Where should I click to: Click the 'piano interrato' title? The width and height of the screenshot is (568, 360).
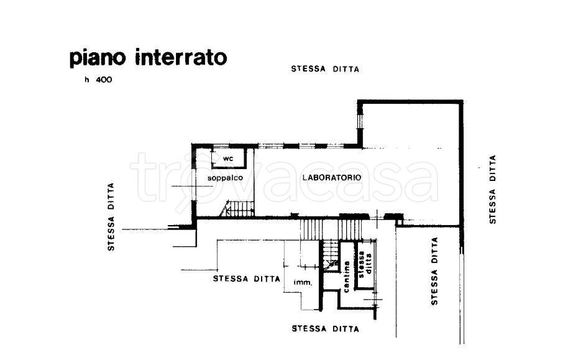coord(148,58)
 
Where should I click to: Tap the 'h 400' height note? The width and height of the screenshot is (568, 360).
coord(99,80)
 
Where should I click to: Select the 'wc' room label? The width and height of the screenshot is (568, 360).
coord(228,159)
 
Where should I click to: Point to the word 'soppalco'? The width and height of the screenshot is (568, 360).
coord(225,178)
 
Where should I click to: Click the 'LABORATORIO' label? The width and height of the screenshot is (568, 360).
coord(332,177)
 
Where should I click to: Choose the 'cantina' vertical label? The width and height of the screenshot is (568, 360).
coord(347,277)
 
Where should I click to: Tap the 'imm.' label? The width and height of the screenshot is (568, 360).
coord(303,282)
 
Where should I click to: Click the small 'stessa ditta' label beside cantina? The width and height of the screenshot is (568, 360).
coord(364,265)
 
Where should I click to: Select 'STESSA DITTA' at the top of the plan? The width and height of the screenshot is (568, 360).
coord(325,68)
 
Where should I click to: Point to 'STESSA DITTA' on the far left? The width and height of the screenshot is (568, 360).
coord(111,217)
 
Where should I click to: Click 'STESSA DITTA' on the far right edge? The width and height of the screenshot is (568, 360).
coord(492,189)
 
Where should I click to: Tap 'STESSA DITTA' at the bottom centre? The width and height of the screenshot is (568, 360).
coord(325,329)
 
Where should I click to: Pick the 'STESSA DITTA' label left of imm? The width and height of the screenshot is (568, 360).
coord(246,279)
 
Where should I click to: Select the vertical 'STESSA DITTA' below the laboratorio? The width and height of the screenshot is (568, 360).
coord(434,271)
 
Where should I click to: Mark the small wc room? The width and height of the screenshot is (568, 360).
coord(229,158)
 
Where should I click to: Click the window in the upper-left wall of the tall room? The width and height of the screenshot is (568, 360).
coord(360,117)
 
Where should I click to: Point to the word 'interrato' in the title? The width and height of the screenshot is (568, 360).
coord(181,57)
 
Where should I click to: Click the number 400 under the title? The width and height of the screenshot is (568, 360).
coord(104,80)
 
